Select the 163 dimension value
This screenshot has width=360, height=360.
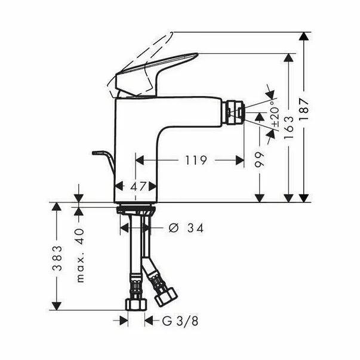[x=288, y=127]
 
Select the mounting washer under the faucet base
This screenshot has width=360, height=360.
[x=136, y=208]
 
